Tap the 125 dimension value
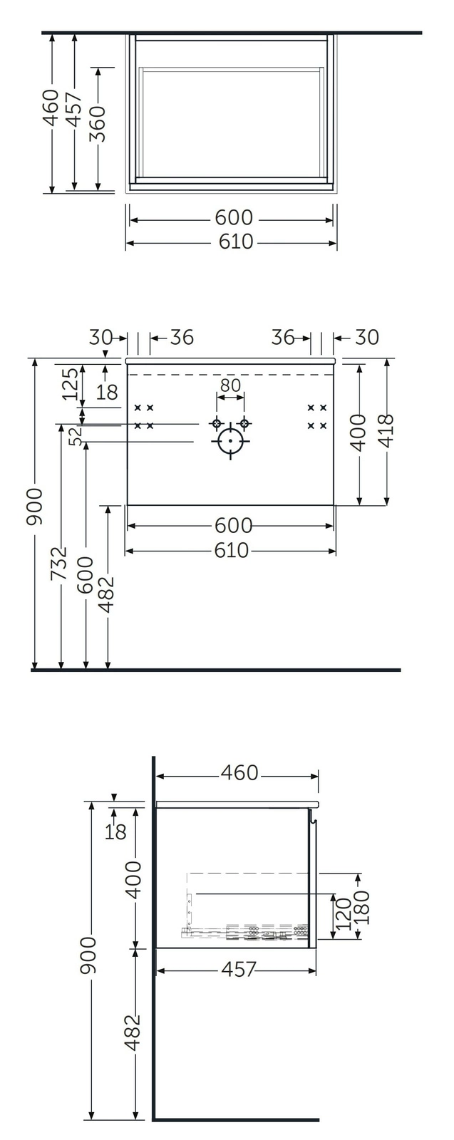pos(70,383)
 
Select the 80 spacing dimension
pos(229,385)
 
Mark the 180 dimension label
pos(362,907)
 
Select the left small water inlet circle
pos(217,424)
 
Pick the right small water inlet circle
pos(244,424)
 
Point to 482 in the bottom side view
pos(133,1033)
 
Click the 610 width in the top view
pos(236,242)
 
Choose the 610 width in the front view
pos(231,550)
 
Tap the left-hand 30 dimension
pos(102,337)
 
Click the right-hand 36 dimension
pos(284,337)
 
